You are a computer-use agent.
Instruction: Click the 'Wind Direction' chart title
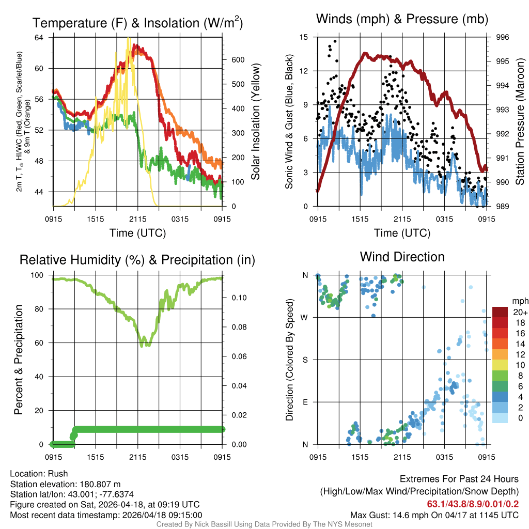(402, 257)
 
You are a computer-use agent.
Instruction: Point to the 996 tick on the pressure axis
(502, 37)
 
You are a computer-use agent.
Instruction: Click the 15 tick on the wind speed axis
(304, 37)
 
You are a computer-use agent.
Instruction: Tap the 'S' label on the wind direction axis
(305, 360)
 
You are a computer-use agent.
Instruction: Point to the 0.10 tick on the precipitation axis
(235, 298)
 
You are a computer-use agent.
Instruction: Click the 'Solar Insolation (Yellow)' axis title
(256, 122)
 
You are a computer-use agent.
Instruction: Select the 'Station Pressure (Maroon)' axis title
(520, 122)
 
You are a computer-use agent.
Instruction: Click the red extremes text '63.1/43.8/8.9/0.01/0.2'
(473, 504)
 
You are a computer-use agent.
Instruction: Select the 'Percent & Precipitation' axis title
(19, 360)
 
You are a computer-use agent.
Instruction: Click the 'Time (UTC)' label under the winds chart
(402, 233)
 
